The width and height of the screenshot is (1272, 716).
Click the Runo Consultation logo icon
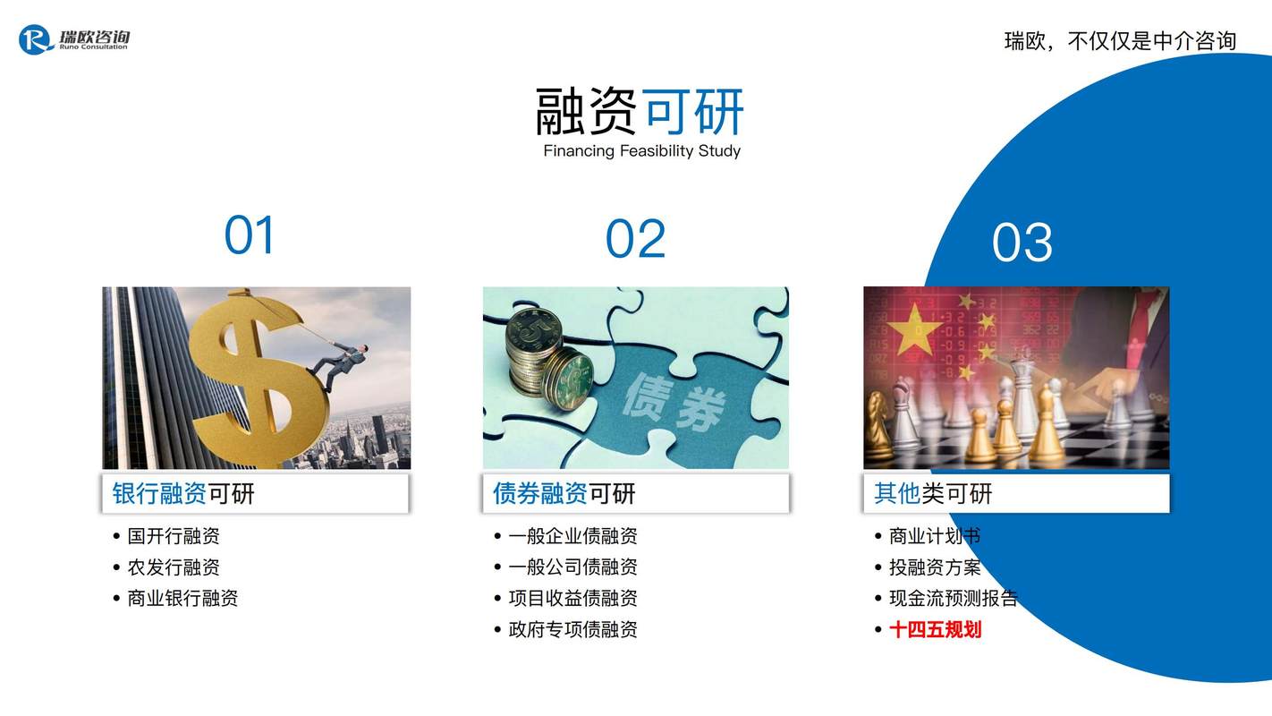click(36, 39)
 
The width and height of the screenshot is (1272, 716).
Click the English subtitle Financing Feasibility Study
click(641, 151)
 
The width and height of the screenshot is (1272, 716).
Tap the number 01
click(250, 234)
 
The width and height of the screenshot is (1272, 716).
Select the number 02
click(635, 239)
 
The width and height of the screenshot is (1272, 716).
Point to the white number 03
click(1022, 243)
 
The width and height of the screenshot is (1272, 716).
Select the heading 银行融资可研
click(182, 493)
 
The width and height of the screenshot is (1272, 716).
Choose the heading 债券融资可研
click(564, 493)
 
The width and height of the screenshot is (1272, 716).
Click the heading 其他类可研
click(933, 493)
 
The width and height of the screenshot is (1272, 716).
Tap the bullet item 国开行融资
click(174, 536)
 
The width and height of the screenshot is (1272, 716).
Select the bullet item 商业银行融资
click(182, 598)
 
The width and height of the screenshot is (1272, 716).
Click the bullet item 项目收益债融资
click(572, 598)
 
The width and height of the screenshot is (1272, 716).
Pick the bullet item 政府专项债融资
click(572, 629)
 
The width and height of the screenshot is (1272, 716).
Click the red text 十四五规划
click(936, 629)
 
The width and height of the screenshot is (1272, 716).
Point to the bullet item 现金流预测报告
click(954, 598)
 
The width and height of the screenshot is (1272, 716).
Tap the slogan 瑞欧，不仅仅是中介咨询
click(1121, 41)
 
